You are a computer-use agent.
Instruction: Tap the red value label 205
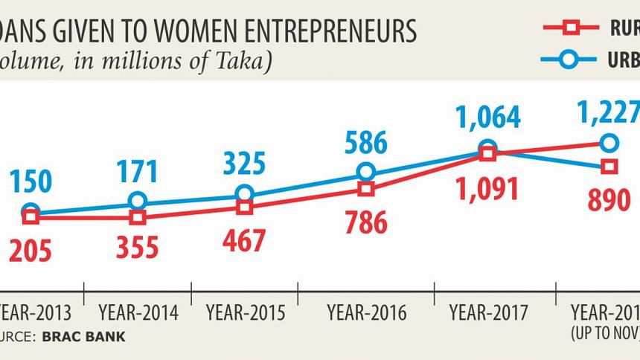(x=30, y=251)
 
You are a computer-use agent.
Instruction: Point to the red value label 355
(x=137, y=247)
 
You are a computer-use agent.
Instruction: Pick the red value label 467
(x=244, y=241)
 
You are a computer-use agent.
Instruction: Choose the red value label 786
(x=365, y=222)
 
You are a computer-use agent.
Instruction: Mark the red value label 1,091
(x=487, y=189)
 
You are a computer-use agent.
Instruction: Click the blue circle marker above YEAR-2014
(x=137, y=201)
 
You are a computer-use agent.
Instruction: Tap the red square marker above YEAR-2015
(x=244, y=208)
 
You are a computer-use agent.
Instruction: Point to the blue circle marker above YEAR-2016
(x=365, y=172)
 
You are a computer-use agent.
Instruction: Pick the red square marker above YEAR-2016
(x=365, y=189)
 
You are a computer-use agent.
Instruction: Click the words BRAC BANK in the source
(x=84, y=336)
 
